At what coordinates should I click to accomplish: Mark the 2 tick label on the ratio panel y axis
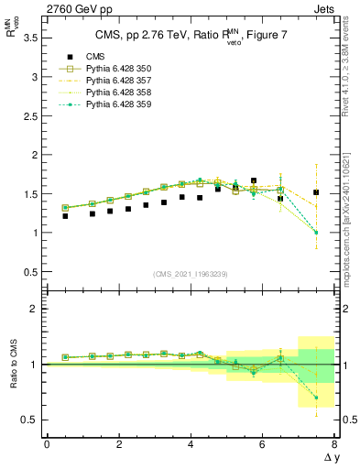pyautogui.click(x=34, y=310)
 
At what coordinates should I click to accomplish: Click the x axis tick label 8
pyautogui.click(x=334, y=444)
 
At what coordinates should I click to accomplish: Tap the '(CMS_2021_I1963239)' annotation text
pyautogui.click(x=191, y=274)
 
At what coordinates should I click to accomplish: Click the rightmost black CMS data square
pyautogui.click(x=316, y=192)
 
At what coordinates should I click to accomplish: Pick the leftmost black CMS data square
pyautogui.click(x=65, y=216)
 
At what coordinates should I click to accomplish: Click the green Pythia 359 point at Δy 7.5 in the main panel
pyautogui.click(x=316, y=233)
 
